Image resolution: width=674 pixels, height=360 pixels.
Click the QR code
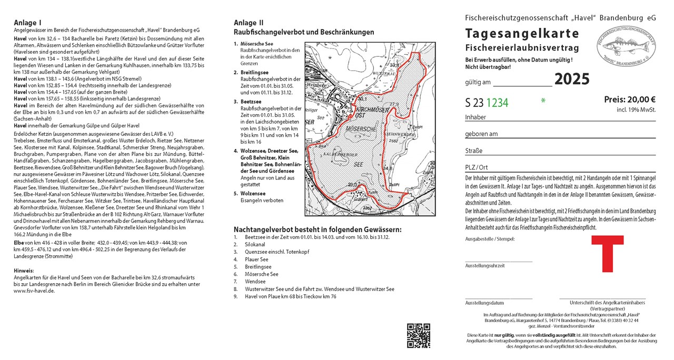point(419,336)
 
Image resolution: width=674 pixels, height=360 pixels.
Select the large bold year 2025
point(572,79)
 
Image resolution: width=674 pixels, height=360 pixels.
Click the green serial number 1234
point(497,103)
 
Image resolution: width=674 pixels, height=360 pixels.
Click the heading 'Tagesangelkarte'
point(522,34)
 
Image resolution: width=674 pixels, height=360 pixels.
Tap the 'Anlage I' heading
point(28,23)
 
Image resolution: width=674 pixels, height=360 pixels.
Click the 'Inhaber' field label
point(475,117)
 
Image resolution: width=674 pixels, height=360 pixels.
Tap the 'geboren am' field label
point(481,134)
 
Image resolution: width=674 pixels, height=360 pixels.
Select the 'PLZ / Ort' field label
point(477,167)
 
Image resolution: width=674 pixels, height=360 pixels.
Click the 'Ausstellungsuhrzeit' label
point(485,266)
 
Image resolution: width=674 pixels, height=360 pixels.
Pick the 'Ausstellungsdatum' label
point(484,303)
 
